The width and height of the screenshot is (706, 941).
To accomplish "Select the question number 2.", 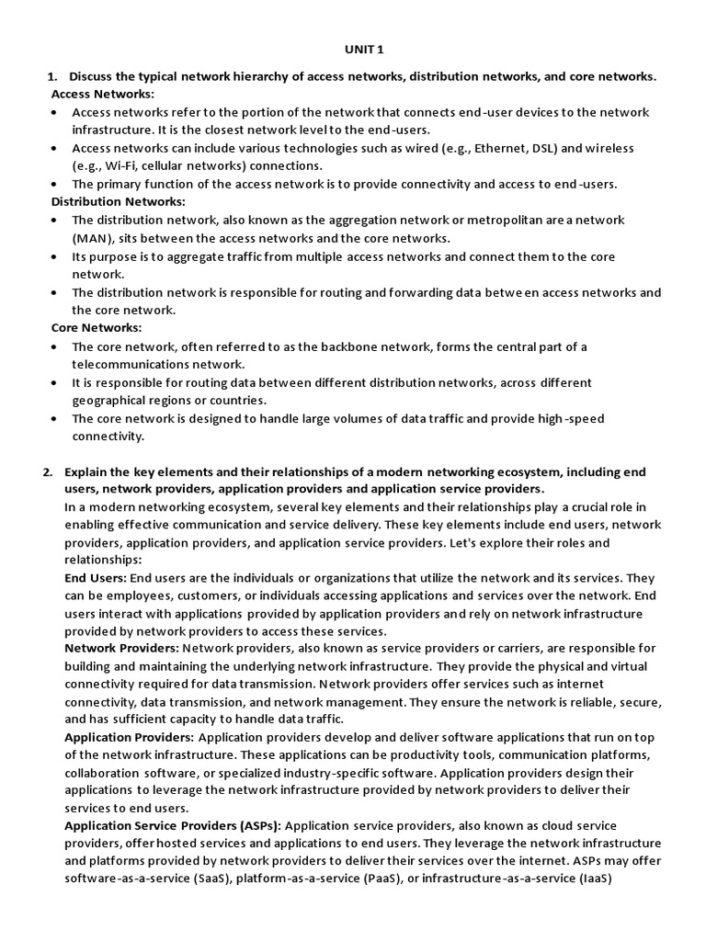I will [48, 471].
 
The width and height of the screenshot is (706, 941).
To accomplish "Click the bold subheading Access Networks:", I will [103, 94].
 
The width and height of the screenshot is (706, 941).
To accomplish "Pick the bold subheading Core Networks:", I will [97, 327].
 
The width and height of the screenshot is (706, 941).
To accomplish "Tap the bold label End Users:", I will [96, 579].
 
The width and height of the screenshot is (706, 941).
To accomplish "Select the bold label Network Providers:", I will [122, 649].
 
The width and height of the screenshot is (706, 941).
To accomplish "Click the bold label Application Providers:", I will [129, 737].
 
